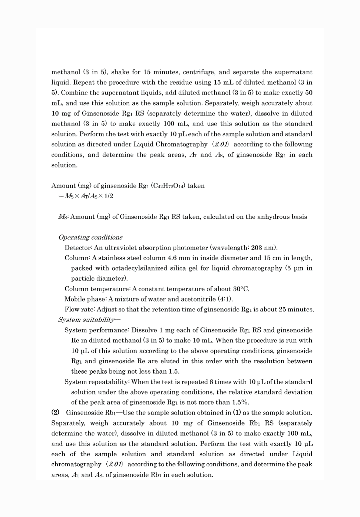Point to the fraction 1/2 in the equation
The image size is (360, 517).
pos(109,196)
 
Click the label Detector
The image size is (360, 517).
pos(77,248)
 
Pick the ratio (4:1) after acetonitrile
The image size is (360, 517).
pos(226,299)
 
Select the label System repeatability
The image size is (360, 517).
pos(97,382)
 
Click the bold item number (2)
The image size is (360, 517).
pos(55,413)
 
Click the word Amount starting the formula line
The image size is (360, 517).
pos(63,186)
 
